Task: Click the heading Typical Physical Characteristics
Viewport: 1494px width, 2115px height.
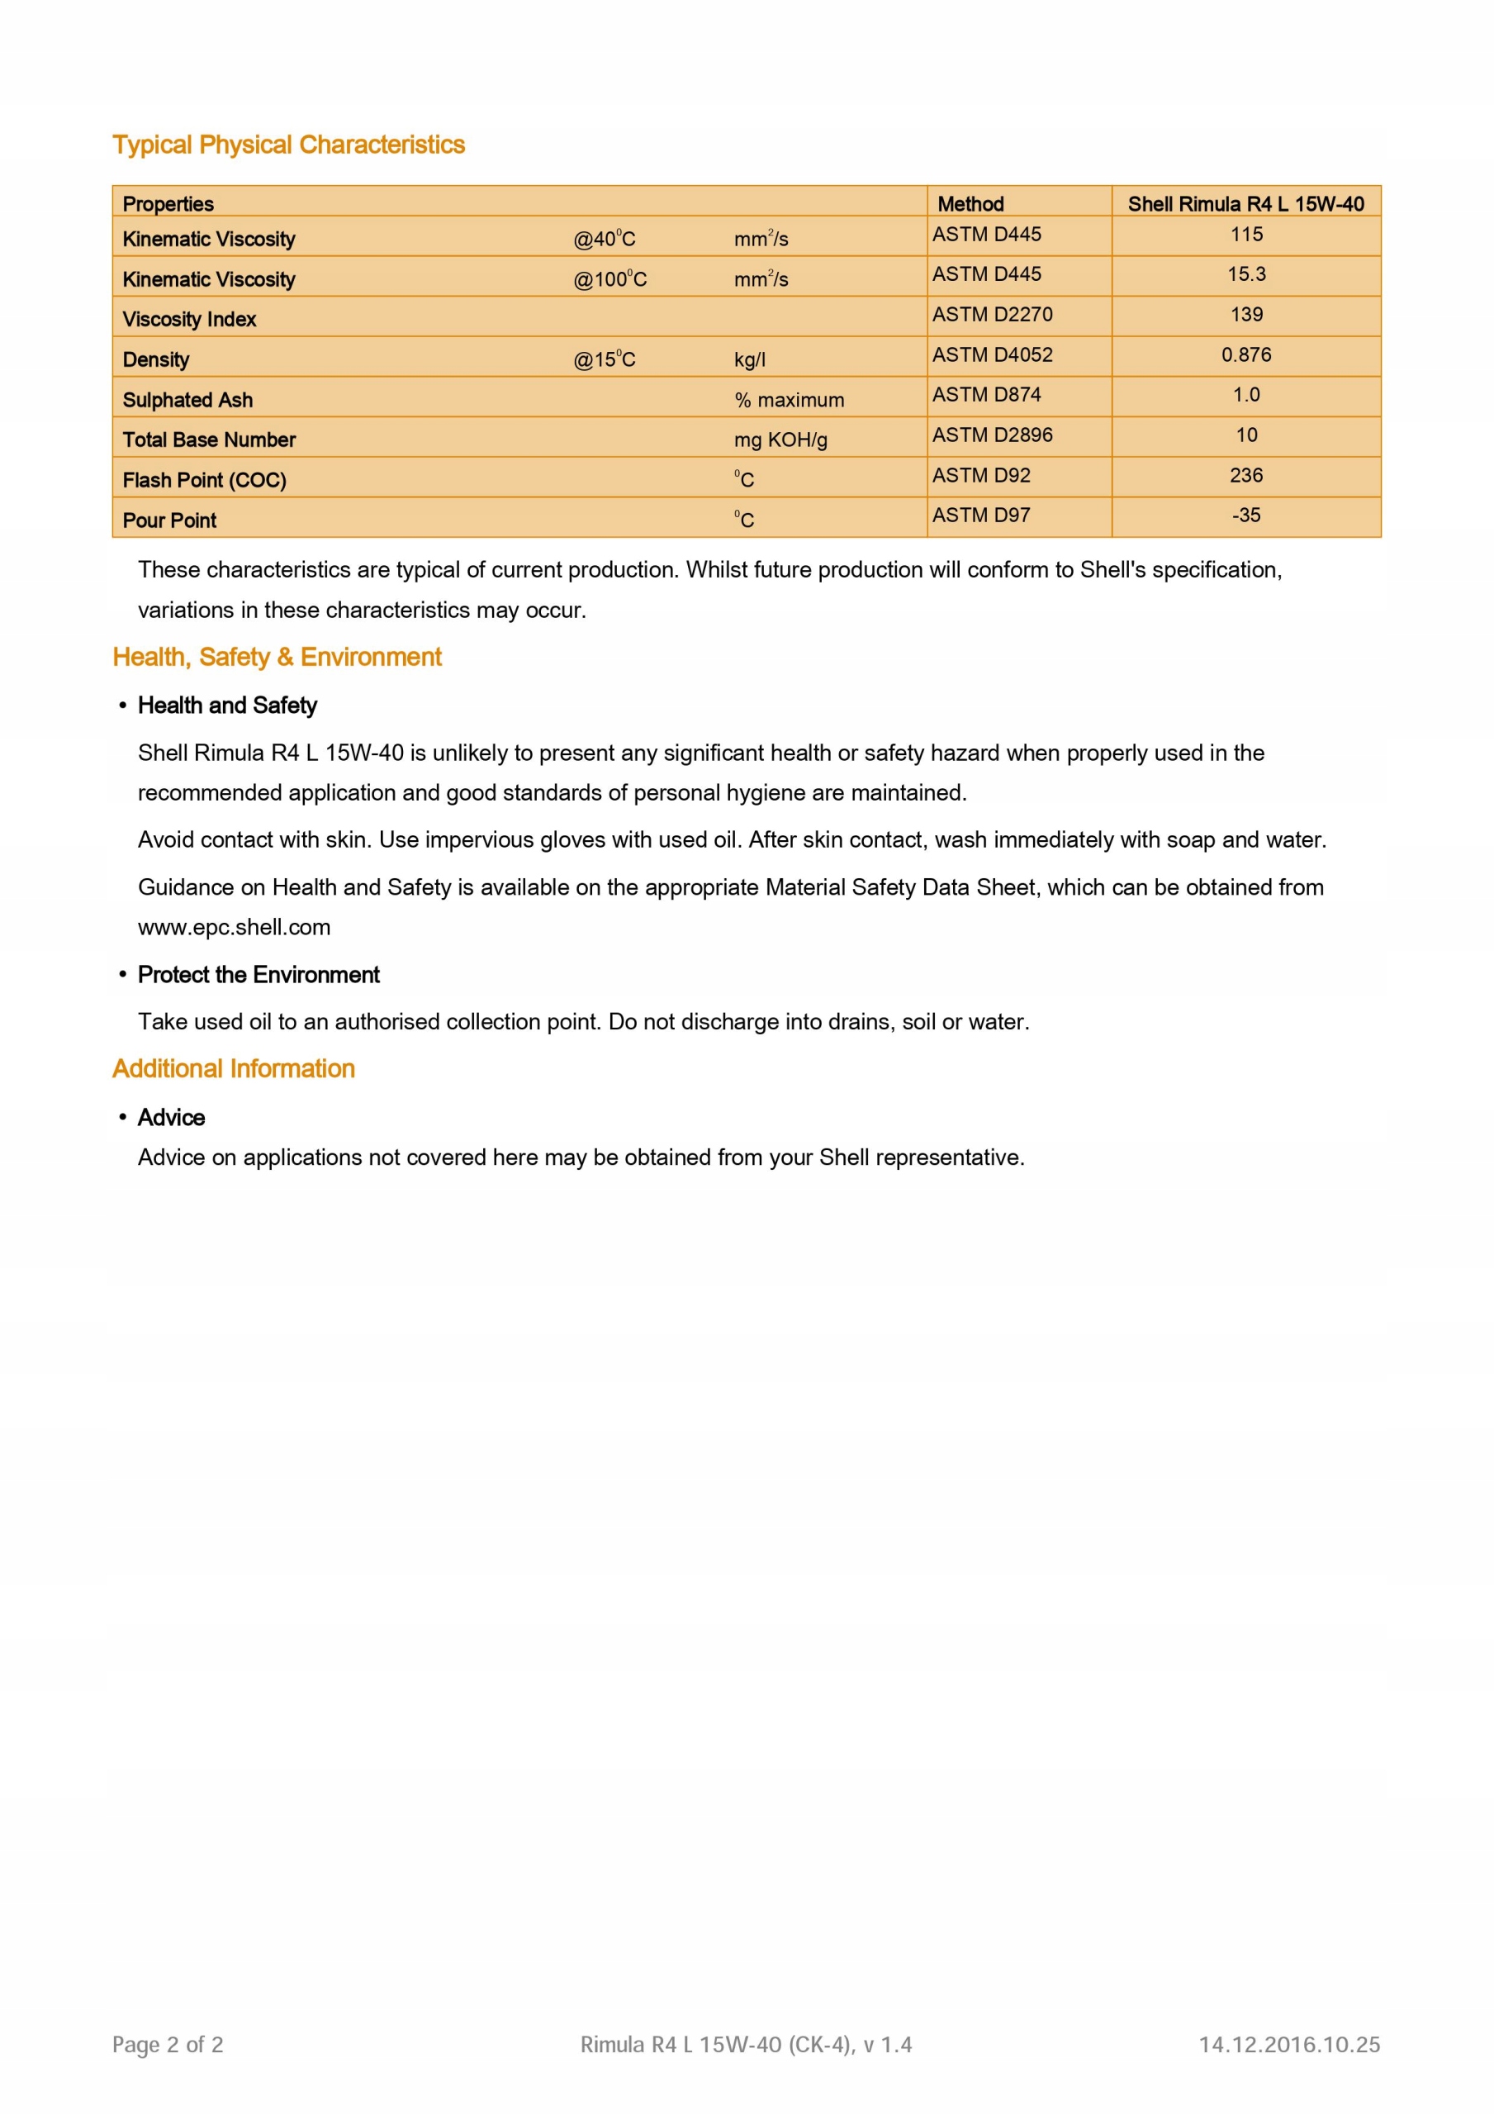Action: coord(288,145)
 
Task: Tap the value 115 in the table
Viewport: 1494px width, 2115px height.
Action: coord(1245,234)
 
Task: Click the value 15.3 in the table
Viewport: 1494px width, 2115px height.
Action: coord(1245,273)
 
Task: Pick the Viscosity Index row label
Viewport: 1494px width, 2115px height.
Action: coord(189,319)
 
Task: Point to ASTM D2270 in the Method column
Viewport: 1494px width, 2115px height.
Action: coord(991,314)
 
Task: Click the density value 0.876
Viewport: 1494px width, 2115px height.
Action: coord(1245,354)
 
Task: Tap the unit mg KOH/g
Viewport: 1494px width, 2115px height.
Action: coord(780,440)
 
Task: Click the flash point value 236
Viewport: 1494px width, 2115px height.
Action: coord(1245,475)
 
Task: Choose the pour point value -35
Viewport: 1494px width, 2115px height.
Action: coord(1245,515)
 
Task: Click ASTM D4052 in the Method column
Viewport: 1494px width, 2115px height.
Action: coord(991,354)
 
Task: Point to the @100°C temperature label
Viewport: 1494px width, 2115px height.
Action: coord(609,279)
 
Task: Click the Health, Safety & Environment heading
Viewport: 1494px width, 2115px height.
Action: coord(277,657)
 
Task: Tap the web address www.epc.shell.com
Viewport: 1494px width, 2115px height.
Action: coord(234,927)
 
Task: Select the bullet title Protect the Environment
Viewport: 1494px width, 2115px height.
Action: coord(258,975)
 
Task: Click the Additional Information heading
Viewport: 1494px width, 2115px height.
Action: coord(233,1068)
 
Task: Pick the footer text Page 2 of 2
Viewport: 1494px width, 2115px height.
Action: coord(168,2045)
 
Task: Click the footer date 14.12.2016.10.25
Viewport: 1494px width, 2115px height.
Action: coord(1288,2045)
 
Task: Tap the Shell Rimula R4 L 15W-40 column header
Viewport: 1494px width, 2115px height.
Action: coord(1245,203)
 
